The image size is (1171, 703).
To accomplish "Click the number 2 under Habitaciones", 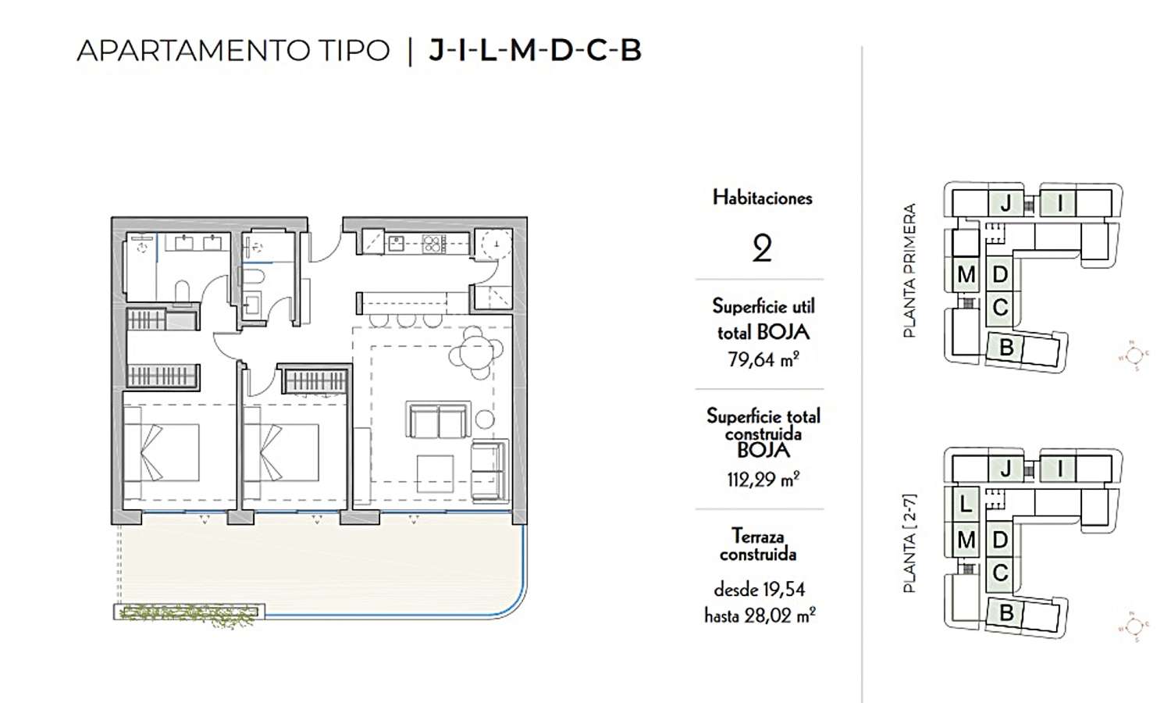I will pyautogui.click(x=762, y=248).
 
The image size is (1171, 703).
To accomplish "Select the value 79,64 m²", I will pyautogui.click(x=762, y=359).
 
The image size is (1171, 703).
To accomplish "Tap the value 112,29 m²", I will pyautogui.click(x=762, y=480).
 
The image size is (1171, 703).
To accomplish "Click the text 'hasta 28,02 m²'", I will pyautogui.click(x=760, y=616).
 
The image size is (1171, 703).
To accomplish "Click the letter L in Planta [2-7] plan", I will pyautogui.click(x=966, y=505).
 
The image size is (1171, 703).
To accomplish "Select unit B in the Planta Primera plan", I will pyautogui.click(x=1006, y=347).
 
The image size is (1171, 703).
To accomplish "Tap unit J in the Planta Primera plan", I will pyautogui.click(x=1006, y=204).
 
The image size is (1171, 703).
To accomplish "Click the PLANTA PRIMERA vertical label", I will pyautogui.click(x=909, y=270).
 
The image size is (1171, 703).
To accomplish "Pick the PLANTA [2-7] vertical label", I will pyautogui.click(x=909, y=543).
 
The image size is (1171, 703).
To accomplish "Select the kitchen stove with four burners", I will pyautogui.click(x=433, y=244).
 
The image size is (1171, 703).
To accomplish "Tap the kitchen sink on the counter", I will pyautogui.click(x=396, y=244).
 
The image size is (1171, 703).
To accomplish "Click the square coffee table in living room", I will pyautogui.click(x=435, y=473).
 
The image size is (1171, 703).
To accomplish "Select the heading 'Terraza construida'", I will pyautogui.click(x=758, y=545).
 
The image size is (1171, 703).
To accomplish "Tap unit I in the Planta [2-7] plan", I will pyautogui.click(x=1060, y=469).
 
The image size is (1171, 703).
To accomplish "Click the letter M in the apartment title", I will pyautogui.click(x=522, y=51).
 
